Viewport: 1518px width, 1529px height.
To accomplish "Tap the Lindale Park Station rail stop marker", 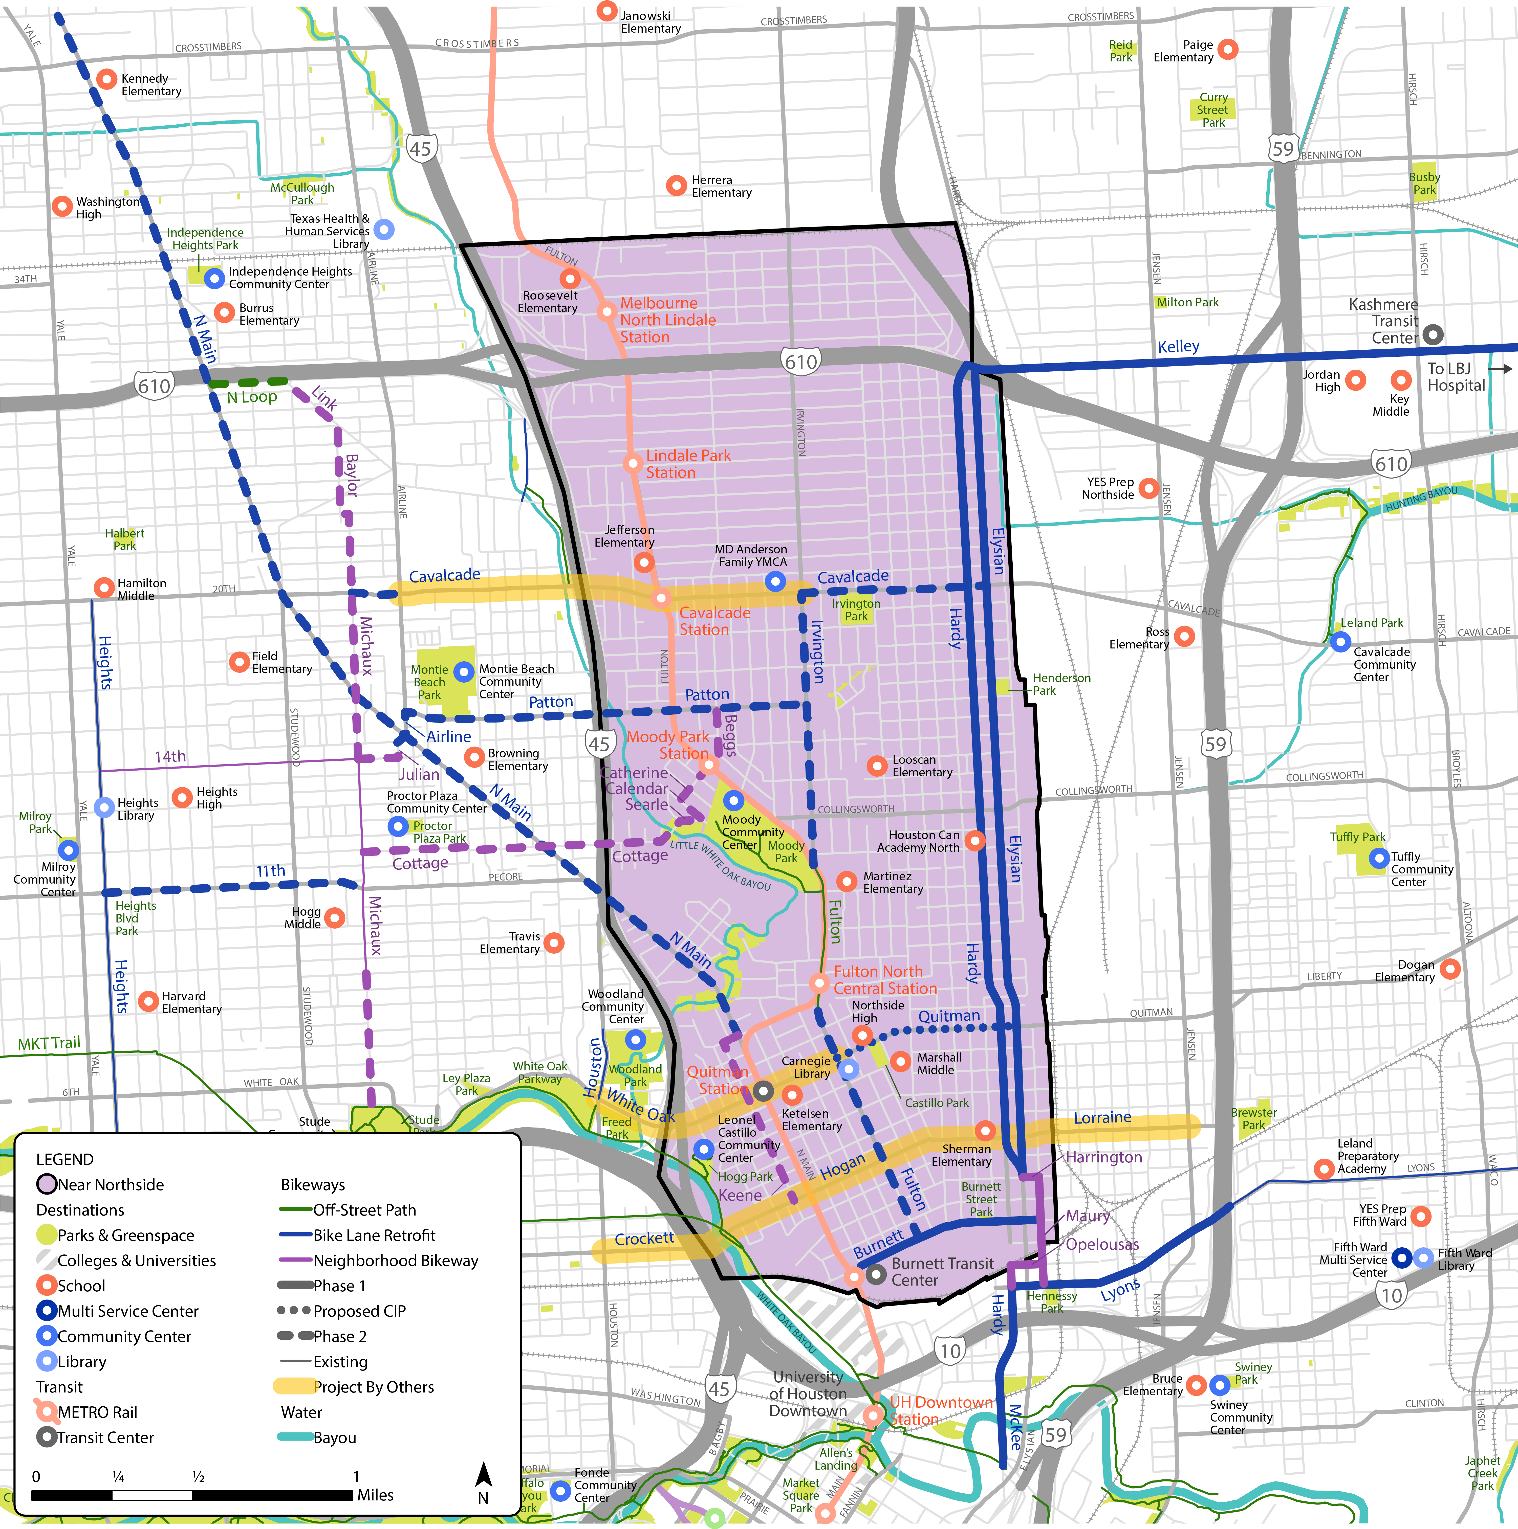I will click(x=632, y=463).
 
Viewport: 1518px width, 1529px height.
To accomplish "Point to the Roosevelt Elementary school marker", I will click(x=570, y=279).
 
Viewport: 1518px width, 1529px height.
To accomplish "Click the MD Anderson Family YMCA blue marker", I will click(x=775, y=582).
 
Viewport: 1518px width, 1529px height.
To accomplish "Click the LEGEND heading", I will click(x=65, y=1159).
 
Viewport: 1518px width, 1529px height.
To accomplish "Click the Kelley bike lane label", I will click(x=1178, y=347).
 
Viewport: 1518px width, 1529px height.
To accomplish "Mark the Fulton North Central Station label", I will click(x=884, y=980).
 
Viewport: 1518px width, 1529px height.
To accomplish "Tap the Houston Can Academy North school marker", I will click(x=975, y=841).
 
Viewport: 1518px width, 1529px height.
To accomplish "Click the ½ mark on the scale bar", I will click(x=198, y=1477).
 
